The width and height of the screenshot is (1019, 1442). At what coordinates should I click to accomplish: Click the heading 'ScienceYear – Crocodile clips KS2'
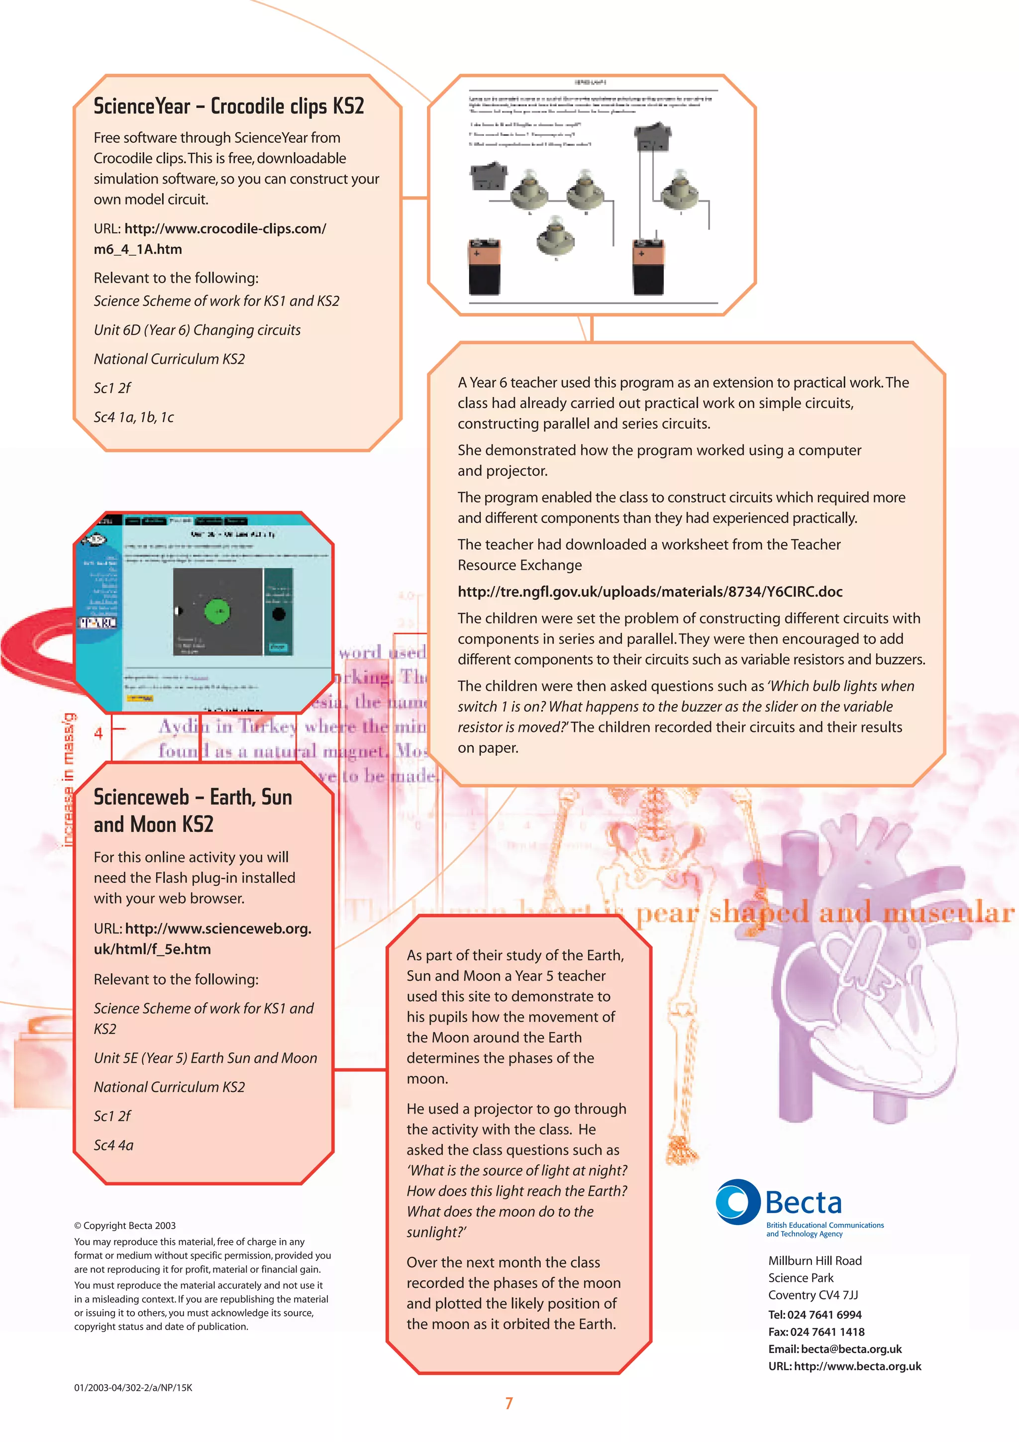pos(228,106)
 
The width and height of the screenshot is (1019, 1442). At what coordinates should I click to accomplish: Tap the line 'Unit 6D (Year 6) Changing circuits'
pos(197,330)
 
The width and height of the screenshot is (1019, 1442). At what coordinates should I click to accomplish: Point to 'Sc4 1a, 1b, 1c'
pos(134,417)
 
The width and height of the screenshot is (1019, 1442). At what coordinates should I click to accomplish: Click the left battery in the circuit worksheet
pos(484,266)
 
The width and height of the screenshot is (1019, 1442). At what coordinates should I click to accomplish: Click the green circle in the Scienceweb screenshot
pos(217,611)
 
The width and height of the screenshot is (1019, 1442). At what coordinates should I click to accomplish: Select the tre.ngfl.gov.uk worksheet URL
pos(650,592)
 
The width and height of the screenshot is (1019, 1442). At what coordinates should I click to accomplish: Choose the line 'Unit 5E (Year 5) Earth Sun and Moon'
pos(205,1058)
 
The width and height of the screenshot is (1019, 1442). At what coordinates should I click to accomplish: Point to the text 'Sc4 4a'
pos(113,1145)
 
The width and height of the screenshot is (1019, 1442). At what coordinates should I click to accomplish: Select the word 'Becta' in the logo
pos(803,1203)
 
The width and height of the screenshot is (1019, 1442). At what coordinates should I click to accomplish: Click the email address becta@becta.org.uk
pos(851,1349)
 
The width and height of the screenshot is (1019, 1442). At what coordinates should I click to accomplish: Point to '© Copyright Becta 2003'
pos(125,1226)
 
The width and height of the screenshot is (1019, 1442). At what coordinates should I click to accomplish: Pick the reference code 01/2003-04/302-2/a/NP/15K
pos(133,1387)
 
